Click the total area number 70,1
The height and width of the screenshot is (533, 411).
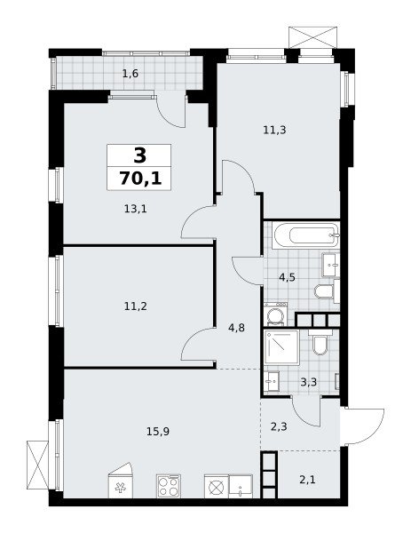(x=140, y=179)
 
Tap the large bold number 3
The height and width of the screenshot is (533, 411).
(x=139, y=156)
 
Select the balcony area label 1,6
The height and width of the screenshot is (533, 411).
(x=130, y=74)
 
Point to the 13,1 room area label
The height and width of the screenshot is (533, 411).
(x=135, y=209)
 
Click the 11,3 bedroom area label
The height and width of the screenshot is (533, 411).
(x=274, y=130)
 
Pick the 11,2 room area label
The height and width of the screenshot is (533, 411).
(x=135, y=306)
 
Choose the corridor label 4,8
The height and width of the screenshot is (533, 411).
(x=236, y=329)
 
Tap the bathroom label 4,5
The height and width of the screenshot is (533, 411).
(x=287, y=277)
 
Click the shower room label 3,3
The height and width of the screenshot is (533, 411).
(x=308, y=382)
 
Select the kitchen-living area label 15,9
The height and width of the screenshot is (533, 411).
(x=158, y=432)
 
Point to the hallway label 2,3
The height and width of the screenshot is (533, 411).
(x=279, y=426)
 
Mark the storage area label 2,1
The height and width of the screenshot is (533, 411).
(x=307, y=480)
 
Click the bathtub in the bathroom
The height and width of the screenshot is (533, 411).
(x=306, y=235)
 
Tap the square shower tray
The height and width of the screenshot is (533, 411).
(x=281, y=347)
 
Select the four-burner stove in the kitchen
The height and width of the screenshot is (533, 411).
(x=169, y=487)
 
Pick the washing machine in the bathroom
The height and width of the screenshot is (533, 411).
(x=276, y=314)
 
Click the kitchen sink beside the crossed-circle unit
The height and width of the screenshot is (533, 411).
(x=241, y=487)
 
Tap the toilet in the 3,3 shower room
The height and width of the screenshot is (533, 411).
(x=320, y=343)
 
